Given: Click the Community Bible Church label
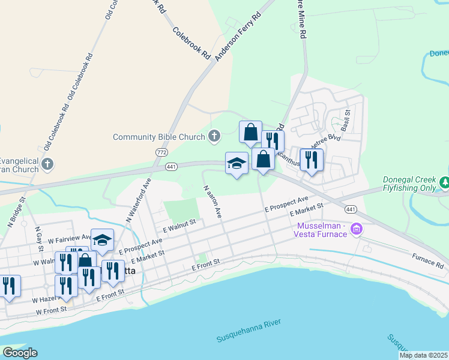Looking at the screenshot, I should point(159,137).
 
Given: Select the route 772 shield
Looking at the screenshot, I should point(161,152).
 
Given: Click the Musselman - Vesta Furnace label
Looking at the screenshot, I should point(322,229).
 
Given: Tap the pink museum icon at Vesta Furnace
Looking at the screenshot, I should point(357,229).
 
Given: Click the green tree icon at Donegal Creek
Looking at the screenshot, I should point(445,182).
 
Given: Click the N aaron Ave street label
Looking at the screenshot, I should point(213,201).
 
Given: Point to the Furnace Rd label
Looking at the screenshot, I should point(427,261).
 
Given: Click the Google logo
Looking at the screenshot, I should point(19,352).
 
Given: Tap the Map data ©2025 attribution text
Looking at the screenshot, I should point(423,355).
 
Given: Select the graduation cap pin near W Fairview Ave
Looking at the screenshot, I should point(102,239).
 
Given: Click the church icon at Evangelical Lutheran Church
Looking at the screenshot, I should point(49,163).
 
